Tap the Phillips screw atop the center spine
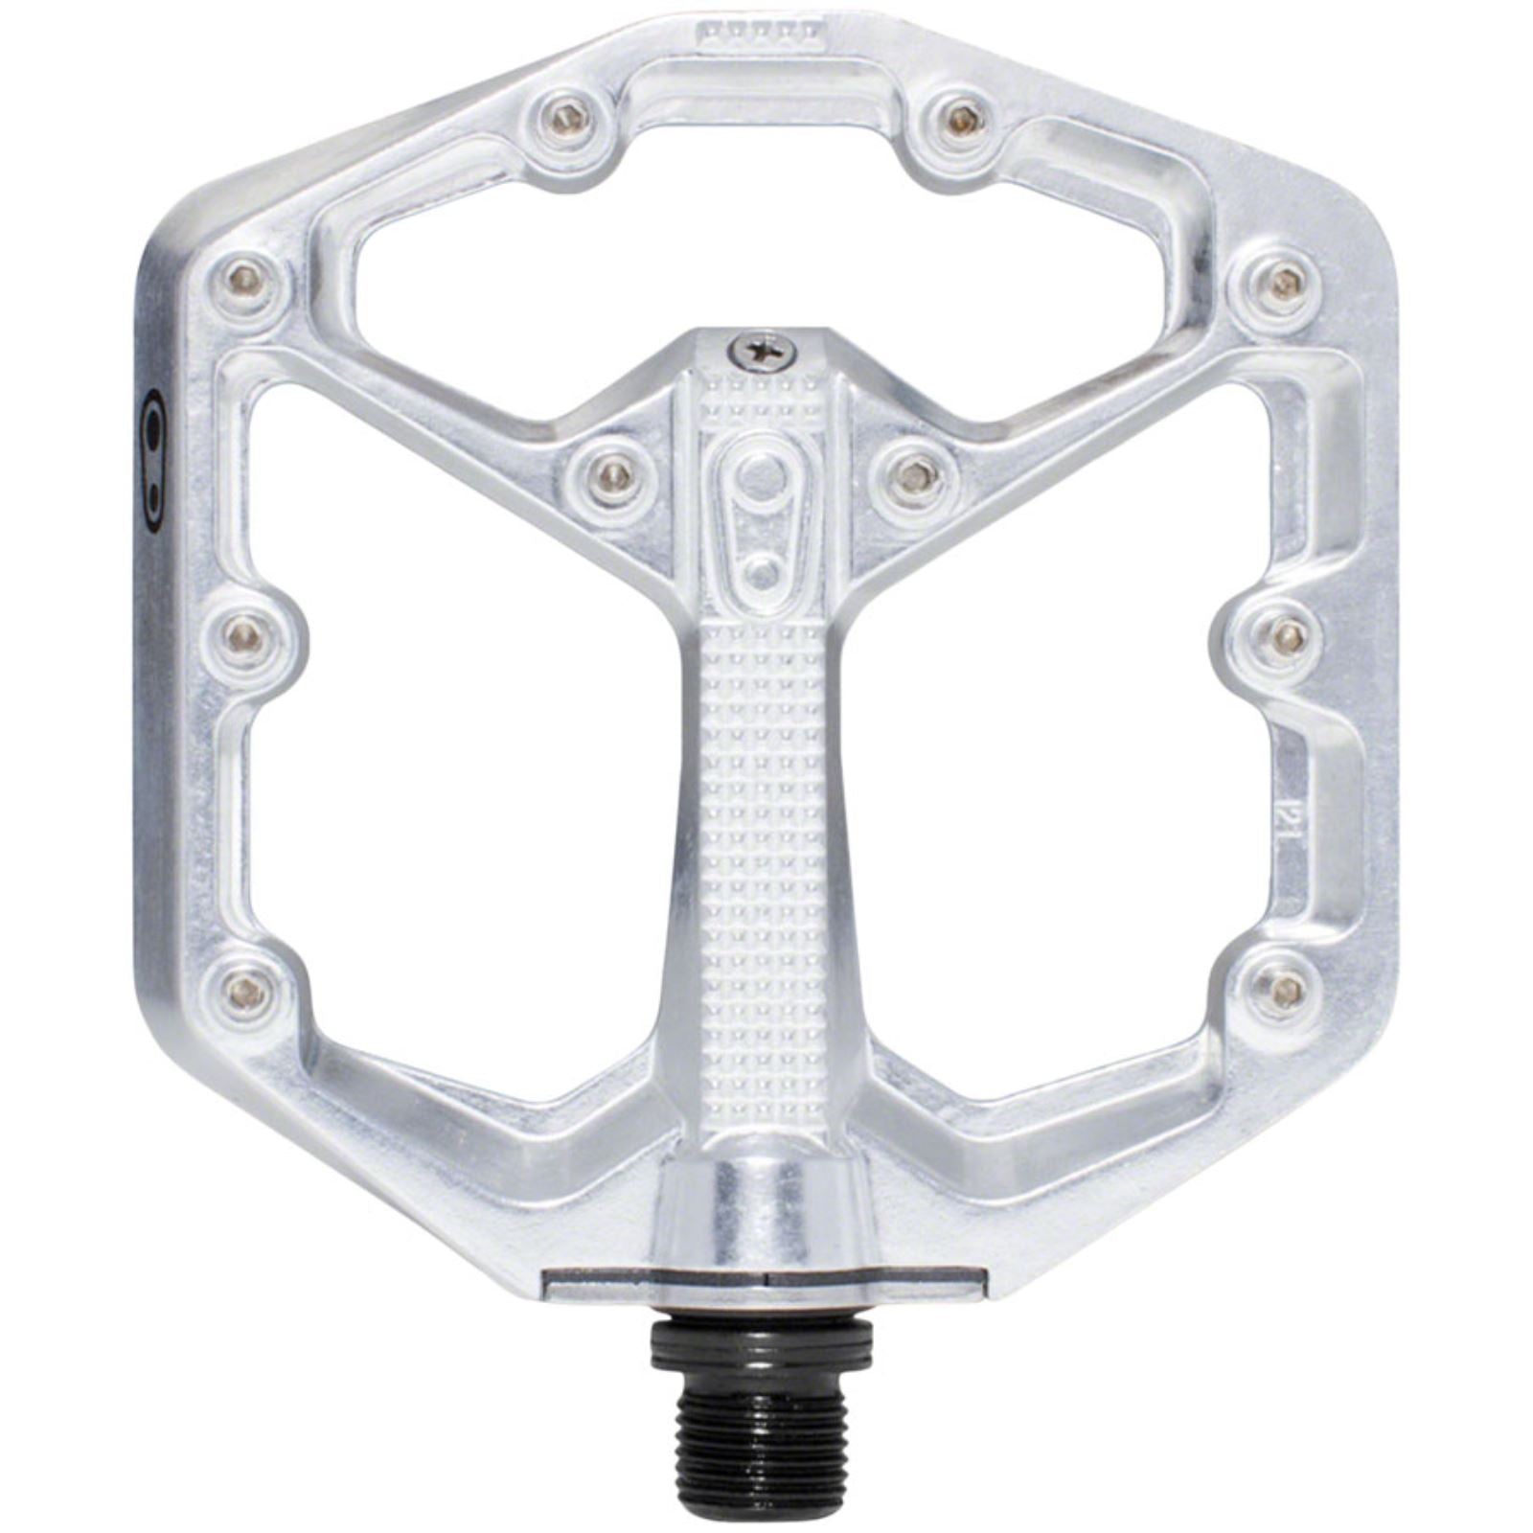tap(763, 350)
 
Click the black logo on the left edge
tap(152, 459)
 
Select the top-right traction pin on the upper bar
tap(961, 118)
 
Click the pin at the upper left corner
tap(245, 280)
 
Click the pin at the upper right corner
tap(1284, 280)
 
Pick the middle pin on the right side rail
tap(1284, 632)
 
